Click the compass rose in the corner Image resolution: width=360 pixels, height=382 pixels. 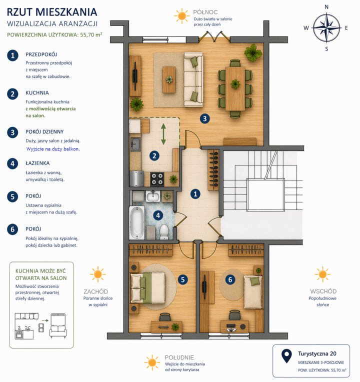click(326, 28)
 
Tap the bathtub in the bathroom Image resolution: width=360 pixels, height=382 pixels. click(137, 222)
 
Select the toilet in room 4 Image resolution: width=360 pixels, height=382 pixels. click(164, 231)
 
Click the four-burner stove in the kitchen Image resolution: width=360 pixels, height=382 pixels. click(157, 179)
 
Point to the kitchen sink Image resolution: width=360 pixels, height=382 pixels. click(135, 143)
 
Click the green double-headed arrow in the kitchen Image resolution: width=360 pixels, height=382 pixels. click(163, 134)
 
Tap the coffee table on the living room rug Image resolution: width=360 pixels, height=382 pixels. click(169, 79)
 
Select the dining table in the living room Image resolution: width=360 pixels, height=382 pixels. click(235, 88)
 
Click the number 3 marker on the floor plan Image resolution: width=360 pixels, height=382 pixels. click(204, 118)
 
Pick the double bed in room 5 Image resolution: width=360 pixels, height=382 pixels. click(148, 287)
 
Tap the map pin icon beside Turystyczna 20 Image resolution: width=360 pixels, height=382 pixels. click(286, 356)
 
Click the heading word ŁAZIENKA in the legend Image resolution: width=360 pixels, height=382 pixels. click(38, 163)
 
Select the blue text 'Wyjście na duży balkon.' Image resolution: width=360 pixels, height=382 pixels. click(53, 149)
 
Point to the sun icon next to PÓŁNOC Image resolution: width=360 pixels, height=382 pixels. click(181, 16)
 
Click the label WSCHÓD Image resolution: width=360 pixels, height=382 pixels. click(323, 291)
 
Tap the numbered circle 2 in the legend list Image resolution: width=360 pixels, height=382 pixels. click(12, 94)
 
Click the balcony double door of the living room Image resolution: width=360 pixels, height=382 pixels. click(214, 36)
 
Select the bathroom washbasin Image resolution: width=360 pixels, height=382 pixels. click(153, 196)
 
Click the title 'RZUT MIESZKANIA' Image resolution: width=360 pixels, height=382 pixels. click(52, 12)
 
